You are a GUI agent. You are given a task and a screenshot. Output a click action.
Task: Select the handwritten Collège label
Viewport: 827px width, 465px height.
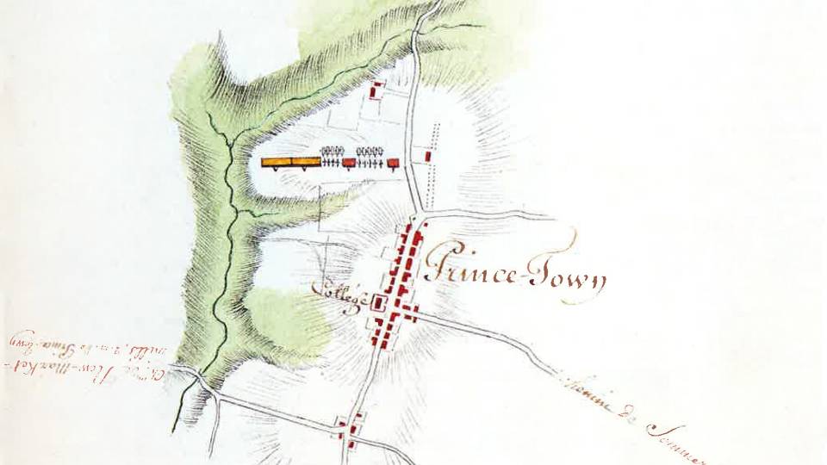tap(345, 297)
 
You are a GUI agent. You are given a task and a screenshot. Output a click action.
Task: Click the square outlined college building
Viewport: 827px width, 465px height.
tap(377, 301)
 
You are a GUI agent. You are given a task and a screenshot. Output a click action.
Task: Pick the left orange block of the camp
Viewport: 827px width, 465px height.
tap(277, 161)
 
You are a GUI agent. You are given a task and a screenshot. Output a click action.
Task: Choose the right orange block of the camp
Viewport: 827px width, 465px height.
tap(308, 161)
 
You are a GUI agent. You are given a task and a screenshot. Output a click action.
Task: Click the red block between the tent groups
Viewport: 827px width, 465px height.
tap(349, 162)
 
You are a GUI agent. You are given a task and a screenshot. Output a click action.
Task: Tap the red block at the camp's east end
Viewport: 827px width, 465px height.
tap(394, 162)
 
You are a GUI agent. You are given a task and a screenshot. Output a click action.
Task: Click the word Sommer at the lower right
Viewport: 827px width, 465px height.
tap(676, 435)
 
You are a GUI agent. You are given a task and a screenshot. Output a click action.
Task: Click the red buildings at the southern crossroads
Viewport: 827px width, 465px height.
tap(348, 428)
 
